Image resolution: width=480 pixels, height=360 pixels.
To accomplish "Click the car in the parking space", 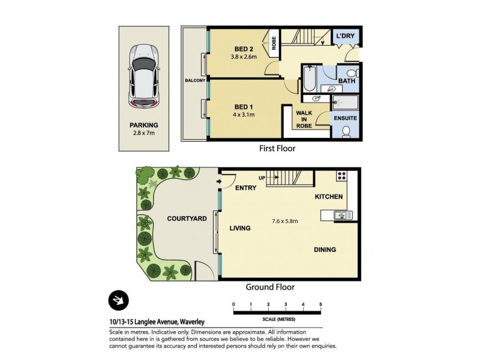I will (143, 76).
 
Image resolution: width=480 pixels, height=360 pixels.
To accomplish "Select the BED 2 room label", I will (244, 49).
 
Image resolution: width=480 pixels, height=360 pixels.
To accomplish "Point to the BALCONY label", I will (195, 80).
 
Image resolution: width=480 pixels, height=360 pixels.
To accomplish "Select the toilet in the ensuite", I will (346, 131).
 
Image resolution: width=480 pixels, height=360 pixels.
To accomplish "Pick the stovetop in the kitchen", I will (343, 176).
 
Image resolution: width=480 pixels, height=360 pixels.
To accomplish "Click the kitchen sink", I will (341, 214).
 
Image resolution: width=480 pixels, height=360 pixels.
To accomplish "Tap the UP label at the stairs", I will (262, 178).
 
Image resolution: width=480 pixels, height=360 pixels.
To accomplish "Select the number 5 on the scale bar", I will (321, 305).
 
